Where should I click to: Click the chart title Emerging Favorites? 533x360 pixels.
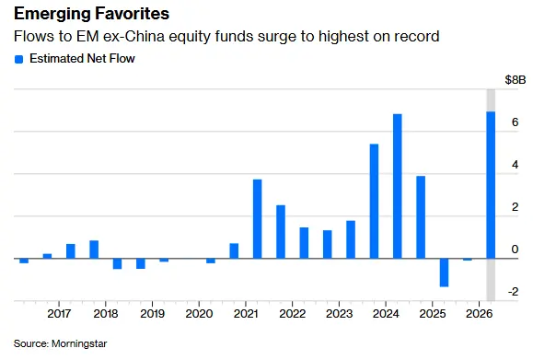pyautogui.click(x=91, y=14)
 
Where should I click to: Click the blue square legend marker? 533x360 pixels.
pyautogui.click(x=18, y=60)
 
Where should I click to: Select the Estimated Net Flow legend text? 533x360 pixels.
pyautogui.click(x=82, y=59)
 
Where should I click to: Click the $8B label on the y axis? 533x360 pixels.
pyautogui.click(x=516, y=80)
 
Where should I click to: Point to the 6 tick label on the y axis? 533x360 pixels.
pyautogui.click(x=515, y=122)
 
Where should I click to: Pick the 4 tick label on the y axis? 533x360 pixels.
pyautogui.click(x=515, y=165)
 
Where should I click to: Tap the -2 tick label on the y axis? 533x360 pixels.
pyautogui.click(x=514, y=291)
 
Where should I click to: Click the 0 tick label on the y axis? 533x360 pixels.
pyautogui.click(x=515, y=250)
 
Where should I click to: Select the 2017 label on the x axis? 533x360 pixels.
pyautogui.click(x=59, y=313)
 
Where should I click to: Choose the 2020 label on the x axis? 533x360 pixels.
pyautogui.click(x=199, y=313)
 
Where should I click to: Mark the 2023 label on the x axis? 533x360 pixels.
pyautogui.click(x=340, y=313)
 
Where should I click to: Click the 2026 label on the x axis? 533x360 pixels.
pyautogui.click(x=480, y=313)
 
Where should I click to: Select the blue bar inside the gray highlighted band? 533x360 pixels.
pyautogui.click(x=491, y=185)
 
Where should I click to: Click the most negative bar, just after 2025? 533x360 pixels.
pyautogui.click(x=444, y=273)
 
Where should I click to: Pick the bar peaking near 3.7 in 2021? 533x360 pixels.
pyautogui.click(x=258, y=219)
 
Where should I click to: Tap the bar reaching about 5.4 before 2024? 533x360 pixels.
pyautogui.click(x=374, y=202)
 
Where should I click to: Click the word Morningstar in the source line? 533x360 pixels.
pyautogui.click(x=79, y=343)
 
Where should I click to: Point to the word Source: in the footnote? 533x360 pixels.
pyautogui.click(x=31, y=343)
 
